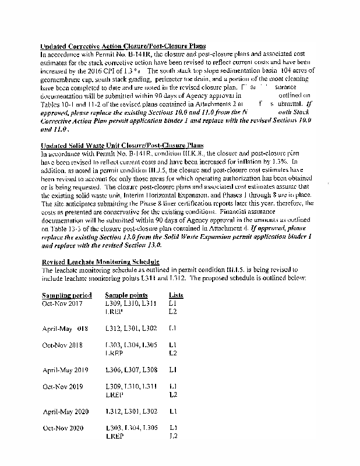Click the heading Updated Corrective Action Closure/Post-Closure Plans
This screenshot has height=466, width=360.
tap(122, 46)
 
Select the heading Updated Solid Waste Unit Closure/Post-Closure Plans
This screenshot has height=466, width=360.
tap(118, 146)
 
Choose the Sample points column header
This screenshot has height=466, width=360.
tap(126, 295)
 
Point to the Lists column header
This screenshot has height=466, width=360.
tap(176, 295)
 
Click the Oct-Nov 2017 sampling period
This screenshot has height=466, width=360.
tap(62, 303)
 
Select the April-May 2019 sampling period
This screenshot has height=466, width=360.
tap(65, 369)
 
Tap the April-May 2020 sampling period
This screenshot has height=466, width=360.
tap(65, 412)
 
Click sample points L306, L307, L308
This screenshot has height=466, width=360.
tap(131, 369)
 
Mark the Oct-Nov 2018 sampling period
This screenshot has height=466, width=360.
tap(62, 345)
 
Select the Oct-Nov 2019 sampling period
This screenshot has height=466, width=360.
tap(62, 386)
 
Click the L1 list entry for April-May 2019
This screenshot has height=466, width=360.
tap(172, 369)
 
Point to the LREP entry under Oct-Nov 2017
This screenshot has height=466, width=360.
tap(114, 312)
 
